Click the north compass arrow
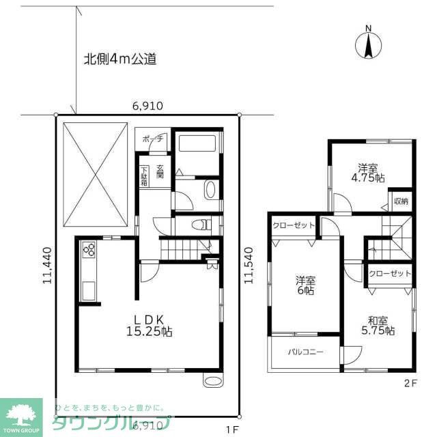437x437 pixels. coord(368,44)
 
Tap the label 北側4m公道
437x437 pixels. coord(119,59)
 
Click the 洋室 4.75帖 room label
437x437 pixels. coord(371,173)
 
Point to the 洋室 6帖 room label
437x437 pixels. coord(305,285)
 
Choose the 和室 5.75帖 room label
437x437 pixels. coord(380,325)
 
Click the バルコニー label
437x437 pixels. coord(305,353)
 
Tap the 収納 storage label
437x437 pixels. coord(401,201)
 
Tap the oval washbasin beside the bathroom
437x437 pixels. coord(210,189)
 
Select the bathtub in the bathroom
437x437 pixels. coord(197,144)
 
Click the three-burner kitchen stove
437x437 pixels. coord(89,251)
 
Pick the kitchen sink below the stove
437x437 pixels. coord(89,292)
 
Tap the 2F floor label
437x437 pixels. coord(409,383)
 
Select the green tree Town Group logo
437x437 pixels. coord(21,413)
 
